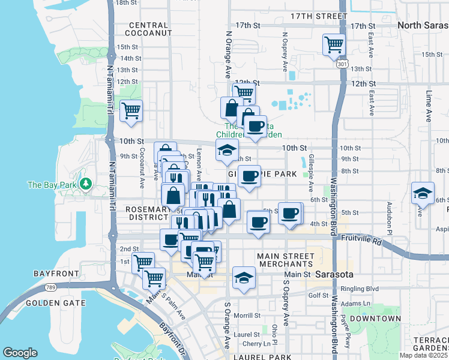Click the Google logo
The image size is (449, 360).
[x=20, y=352]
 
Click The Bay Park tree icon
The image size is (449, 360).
[x=86, y=184]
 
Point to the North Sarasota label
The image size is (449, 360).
[x=423, y=25]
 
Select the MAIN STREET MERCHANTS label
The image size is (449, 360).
[x=285, y=260]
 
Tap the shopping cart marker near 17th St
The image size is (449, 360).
[x=334, y=44]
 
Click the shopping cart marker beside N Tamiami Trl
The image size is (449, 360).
[x=131, y=110]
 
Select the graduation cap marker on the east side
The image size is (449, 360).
[x=423, y=194]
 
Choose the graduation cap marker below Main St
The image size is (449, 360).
[x=244, y=278]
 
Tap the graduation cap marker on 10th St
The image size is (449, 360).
[x=227, y=151]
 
